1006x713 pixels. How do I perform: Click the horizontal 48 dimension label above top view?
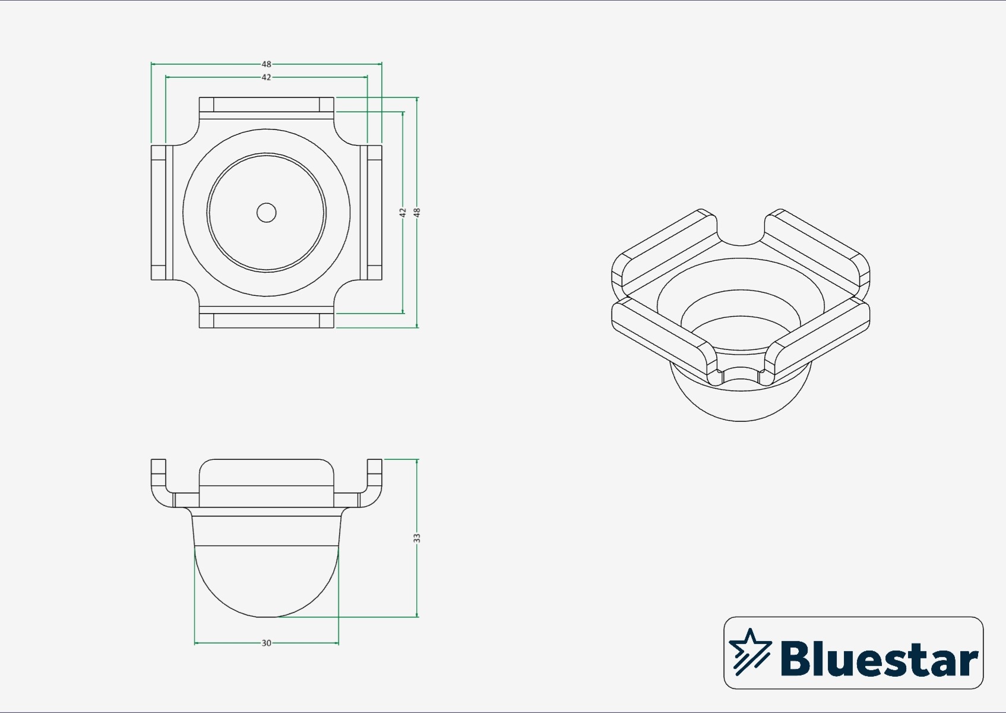[266, 64]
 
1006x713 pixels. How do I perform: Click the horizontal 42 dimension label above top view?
[266, 77]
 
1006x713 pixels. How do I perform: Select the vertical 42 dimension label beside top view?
[403, 213]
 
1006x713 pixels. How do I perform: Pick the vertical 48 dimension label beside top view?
[417, 213]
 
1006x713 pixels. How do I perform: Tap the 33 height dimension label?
[417, 538]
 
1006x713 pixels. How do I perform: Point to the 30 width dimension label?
[266, 643]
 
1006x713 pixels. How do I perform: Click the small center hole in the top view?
[266, 213]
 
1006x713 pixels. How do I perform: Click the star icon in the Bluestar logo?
[749, 651]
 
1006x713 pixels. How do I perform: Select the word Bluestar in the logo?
[880, 658]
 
